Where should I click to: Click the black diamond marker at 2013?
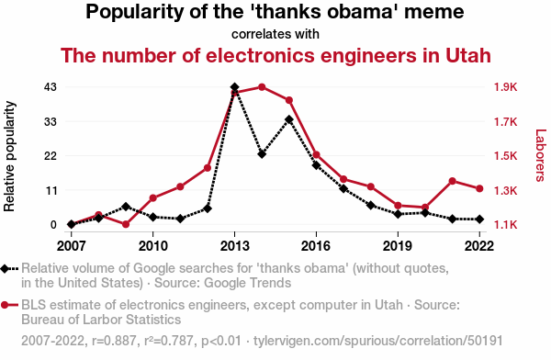point(235,87)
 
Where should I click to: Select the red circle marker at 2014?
point(262,87)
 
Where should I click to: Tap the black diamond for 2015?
point(289,119)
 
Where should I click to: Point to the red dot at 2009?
point(126,224)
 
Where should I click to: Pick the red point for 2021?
point(452,181)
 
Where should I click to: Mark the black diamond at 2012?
point(208,208)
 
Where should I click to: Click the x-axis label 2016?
point(316,246)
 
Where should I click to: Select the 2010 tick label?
point(152,246)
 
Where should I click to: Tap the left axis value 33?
point(51,121)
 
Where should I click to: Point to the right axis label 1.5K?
point(506,155)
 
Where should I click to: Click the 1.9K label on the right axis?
point(506,87)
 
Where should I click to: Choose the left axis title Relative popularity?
point(9,156)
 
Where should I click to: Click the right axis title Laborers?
point(540,155)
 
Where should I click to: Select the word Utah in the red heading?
point(468,55)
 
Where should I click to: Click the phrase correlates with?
point(275,34)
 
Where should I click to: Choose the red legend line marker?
point(9,305)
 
